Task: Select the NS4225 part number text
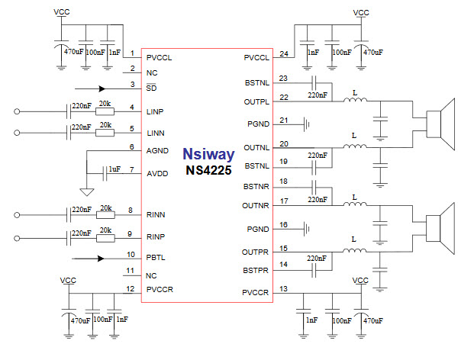click(208, 170)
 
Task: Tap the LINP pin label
click(156, 112)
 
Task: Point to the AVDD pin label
click(157, 174)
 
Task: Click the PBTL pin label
click(156, 258)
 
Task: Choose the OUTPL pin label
click(256, 101)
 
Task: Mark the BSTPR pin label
click(256, 270)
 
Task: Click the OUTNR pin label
click(256, 206)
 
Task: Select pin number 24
click(283, 53)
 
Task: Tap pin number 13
click(283, 288)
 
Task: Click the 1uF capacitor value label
click(114, 169)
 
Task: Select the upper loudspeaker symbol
click(441, 124)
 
